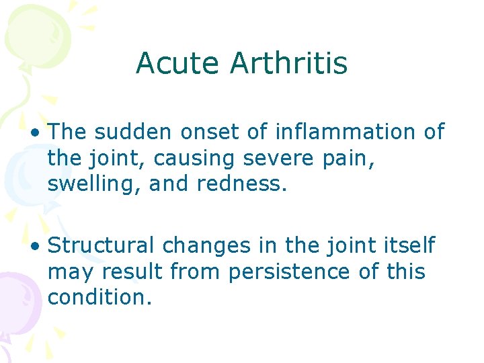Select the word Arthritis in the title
pyautogui.click(x=288, y=64)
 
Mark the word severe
pyautogui.click(x=273, y=159)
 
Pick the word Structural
pyautogui.click(x=100, y=245)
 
